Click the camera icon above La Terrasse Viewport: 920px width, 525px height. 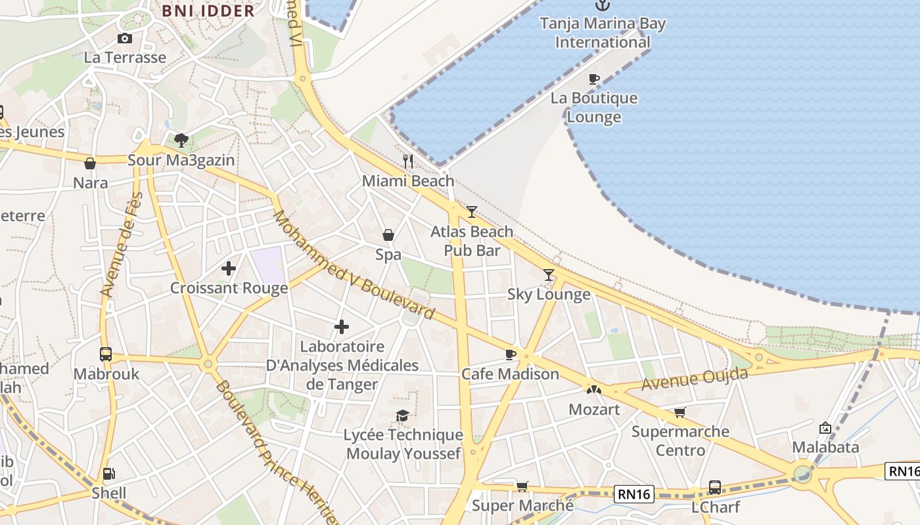click(125, 39)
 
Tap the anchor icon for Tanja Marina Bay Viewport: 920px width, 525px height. click(602, 5)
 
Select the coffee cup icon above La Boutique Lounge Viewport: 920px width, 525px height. click(594, 79)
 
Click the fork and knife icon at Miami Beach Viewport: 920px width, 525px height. click(408, 161)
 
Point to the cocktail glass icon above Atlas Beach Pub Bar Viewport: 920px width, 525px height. click(472, 212)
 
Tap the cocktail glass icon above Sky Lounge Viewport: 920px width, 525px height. click(549, 275)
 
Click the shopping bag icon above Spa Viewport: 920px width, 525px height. click(388, 235)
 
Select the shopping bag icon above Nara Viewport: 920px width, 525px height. click(90, 163)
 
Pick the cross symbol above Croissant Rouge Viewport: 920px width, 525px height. click(229, 268)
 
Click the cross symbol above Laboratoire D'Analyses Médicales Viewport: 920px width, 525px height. click(342, 327)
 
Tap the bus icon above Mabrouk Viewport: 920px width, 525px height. click(106, 354)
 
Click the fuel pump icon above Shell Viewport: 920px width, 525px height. click(108, 474)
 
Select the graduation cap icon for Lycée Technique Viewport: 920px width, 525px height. click(402, 415)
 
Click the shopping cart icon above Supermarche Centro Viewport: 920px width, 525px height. click(680, 412)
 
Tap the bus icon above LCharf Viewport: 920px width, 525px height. click(715, 488)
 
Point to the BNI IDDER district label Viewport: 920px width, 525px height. click(208, 11)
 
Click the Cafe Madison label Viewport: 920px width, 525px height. click(510, 374)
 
